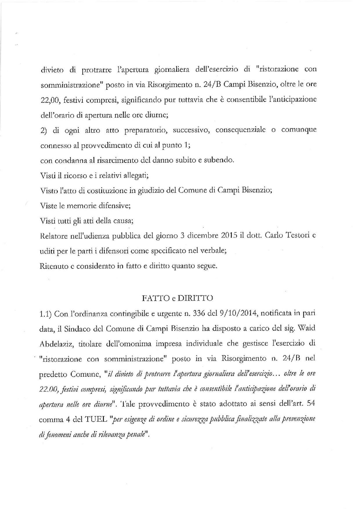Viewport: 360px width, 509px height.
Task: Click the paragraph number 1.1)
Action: click(x=45, y=313)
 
